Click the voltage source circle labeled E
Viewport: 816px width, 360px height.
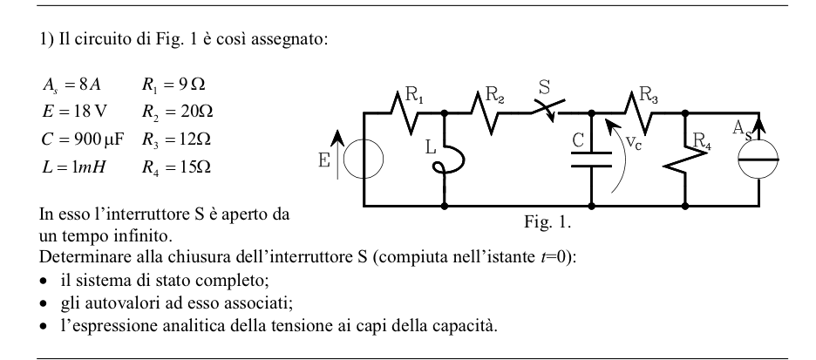click(x=364, y=160)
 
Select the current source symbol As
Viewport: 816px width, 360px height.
click(x=758, y=160)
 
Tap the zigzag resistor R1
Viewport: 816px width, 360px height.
click(x=405, y=112)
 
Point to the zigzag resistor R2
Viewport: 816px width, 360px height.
click(x=485, y=112)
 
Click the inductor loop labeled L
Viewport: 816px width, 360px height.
click(x=447, y=159)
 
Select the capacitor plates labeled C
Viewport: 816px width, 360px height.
click(x=591, y=160)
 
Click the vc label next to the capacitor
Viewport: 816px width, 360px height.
click(x=633, y=142)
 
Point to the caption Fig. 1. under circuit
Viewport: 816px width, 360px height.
click(x=547, y=222)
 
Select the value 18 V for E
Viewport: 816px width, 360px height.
click(x=84, y=112)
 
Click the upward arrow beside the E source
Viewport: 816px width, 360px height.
click(x=337, y=154)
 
